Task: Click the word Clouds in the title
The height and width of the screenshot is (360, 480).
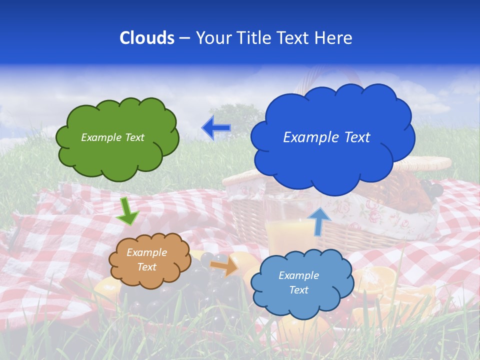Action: point(147,38)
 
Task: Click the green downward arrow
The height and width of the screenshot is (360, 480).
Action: point(128,211)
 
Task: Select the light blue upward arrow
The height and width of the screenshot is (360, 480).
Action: point(318,220)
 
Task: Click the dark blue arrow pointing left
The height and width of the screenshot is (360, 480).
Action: point(216,128)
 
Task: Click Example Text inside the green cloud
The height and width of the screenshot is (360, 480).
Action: point(112,137)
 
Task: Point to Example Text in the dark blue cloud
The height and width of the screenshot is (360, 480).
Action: point(326,137)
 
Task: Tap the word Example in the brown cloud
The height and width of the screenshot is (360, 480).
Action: point(146,252)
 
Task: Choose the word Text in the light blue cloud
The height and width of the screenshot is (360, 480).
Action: point(298,290)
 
